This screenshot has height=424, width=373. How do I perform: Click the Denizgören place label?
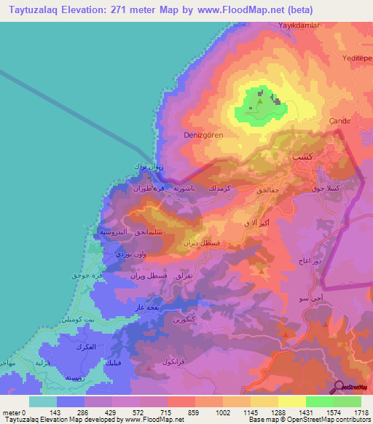click(x=192, y=135)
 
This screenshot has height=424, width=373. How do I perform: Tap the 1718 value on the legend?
click(x=361, y=412)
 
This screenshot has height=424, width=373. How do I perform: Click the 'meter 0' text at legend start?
click(x=15, y=412)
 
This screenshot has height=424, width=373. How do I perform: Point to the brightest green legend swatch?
click(x=320, y=401)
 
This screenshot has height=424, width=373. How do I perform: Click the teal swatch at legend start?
click(x=43, y=401)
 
